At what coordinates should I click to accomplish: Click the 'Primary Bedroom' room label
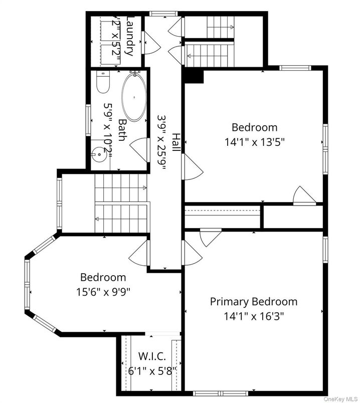click(253, 301)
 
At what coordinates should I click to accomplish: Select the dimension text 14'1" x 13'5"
click(254, 141)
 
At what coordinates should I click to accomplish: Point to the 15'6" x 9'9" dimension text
click(103, 291)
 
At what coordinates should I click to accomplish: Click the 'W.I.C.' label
click(151, 357)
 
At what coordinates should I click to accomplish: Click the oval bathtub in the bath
click(134, 98)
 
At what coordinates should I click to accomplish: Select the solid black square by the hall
click(194, 76)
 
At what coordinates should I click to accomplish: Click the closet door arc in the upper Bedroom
click(304, 195)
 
